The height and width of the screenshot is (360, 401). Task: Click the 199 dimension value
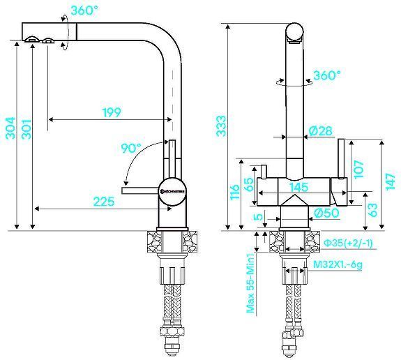111,112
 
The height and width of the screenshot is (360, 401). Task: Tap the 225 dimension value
103,202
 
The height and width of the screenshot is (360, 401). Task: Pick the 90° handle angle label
130,148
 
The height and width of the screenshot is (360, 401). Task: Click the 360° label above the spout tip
84,11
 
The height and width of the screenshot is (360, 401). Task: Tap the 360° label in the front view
326,75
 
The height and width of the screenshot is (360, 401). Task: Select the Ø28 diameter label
319,131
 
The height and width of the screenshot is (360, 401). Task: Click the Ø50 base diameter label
326,213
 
